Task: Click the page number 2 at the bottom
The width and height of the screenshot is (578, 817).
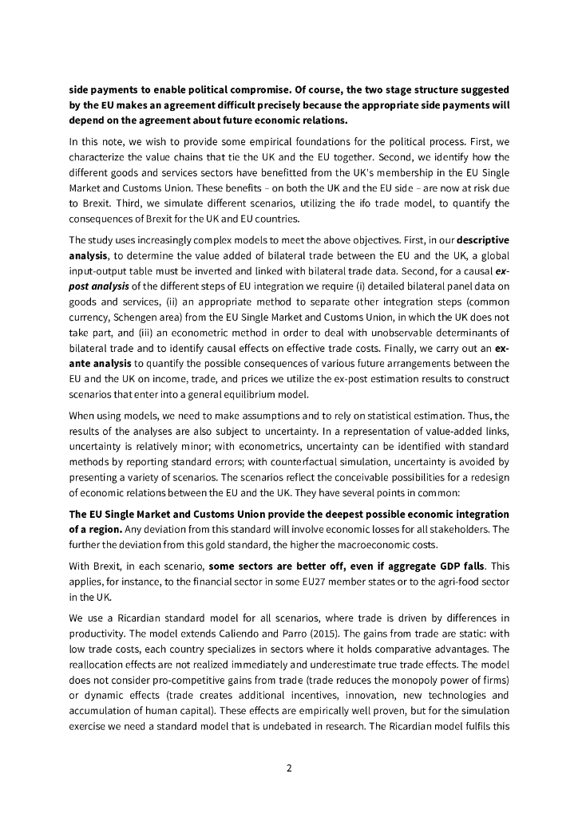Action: (x=289, y=768)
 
